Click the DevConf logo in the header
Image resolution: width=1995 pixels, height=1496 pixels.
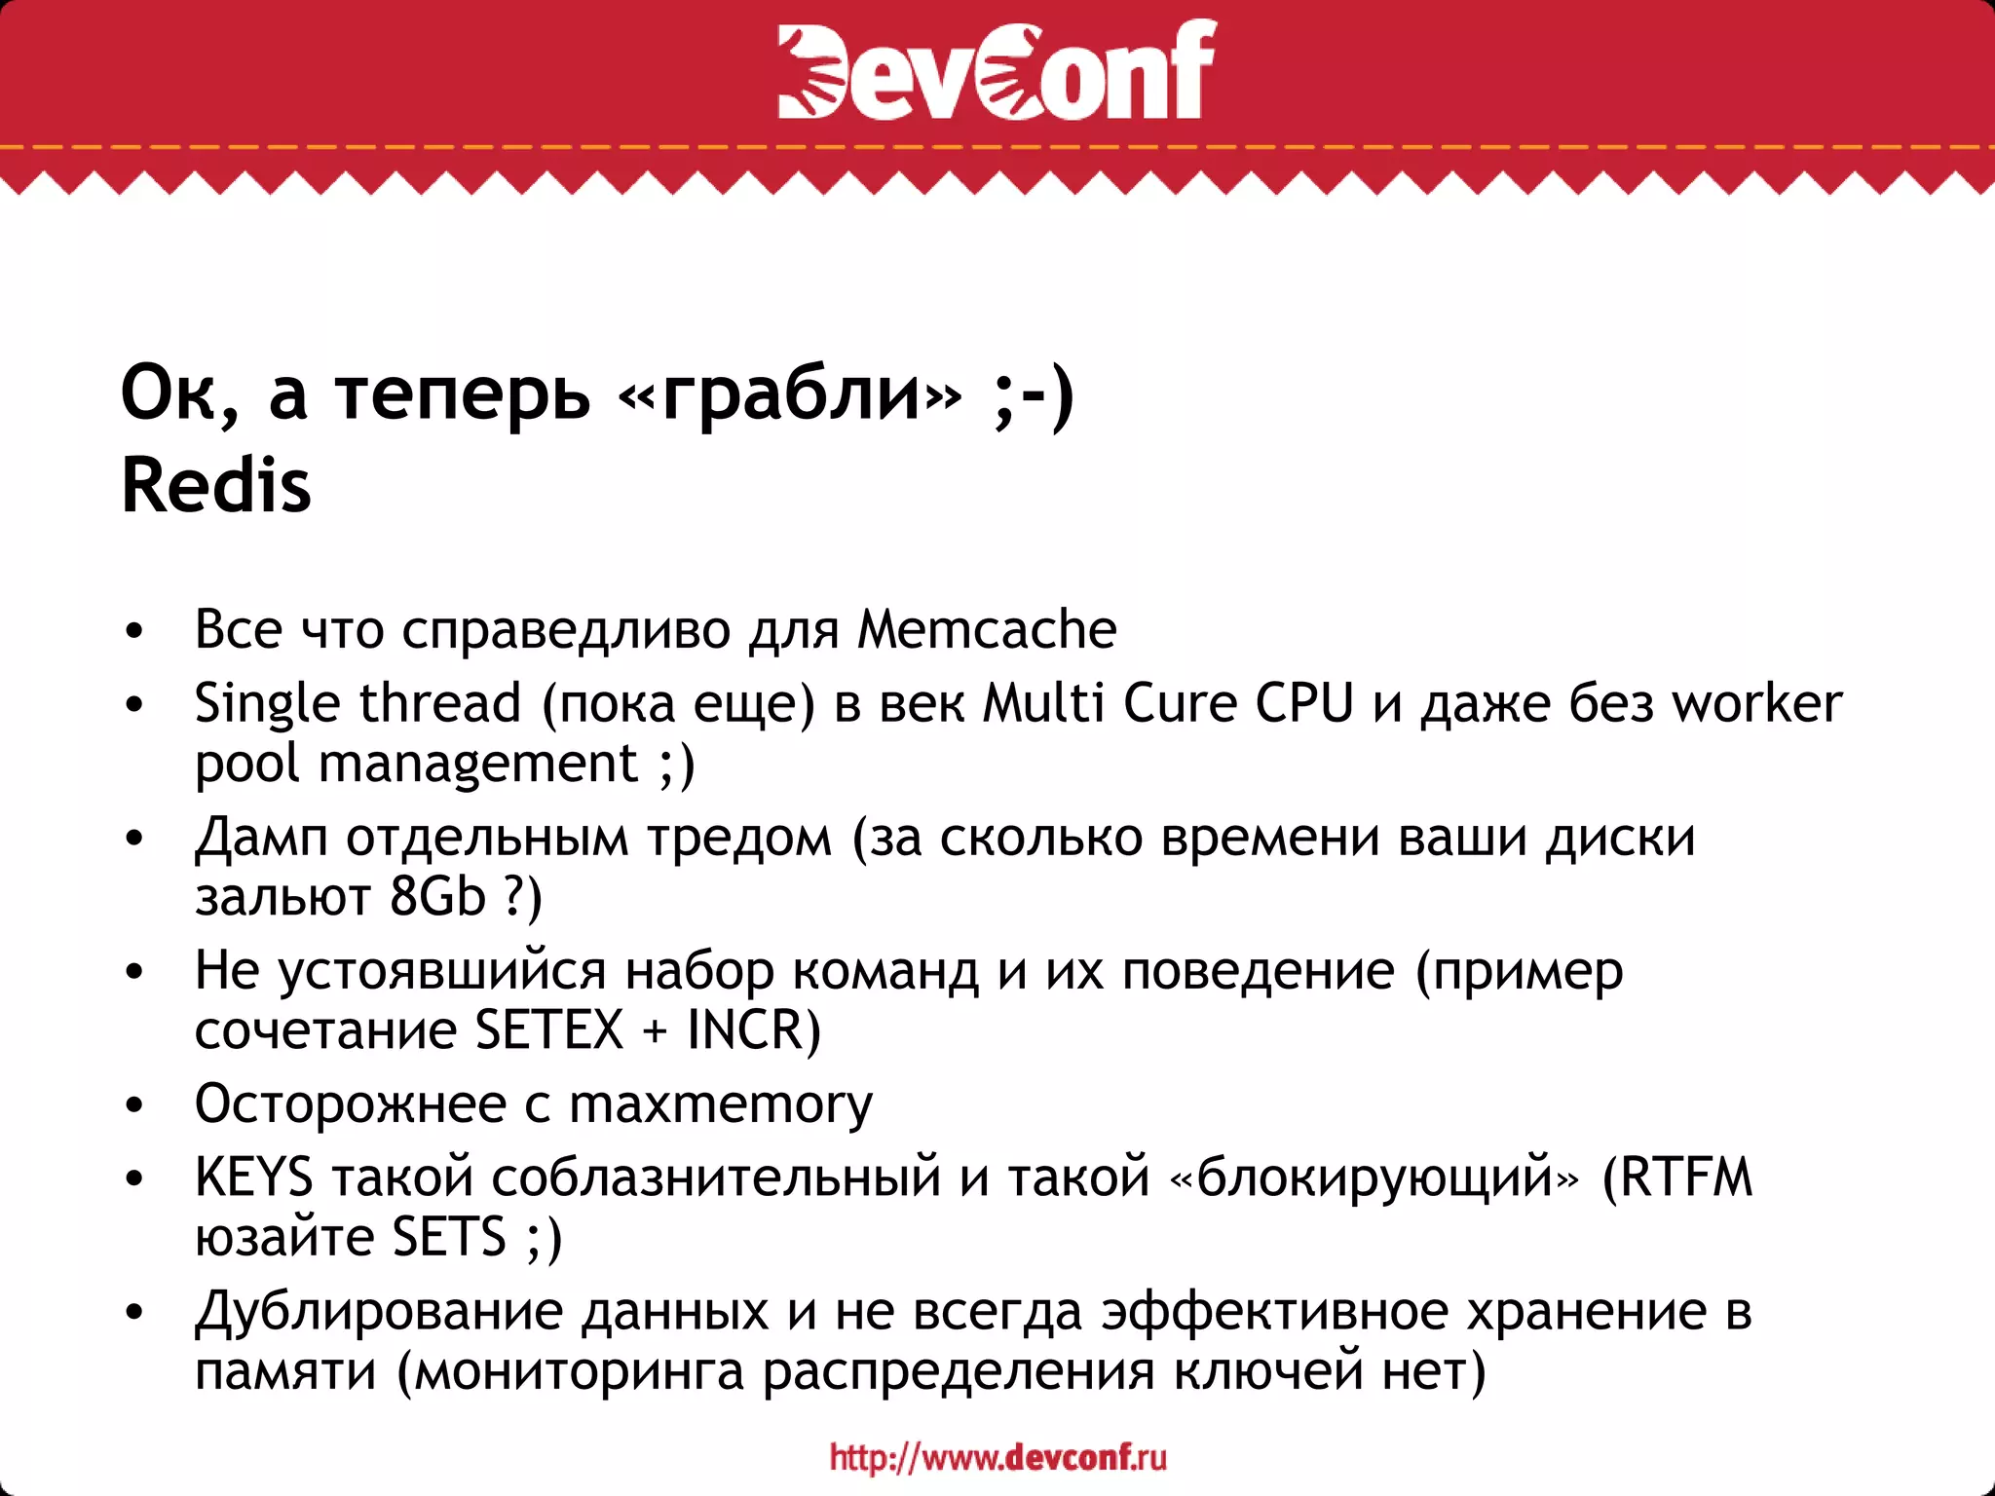(997, 70)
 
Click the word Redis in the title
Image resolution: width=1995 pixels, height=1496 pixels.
(216, 485)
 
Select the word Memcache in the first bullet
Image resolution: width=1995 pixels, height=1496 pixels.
(987, 629)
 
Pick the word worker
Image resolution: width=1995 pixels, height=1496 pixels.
(1756, 702)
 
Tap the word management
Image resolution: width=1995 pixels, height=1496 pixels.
(478, 763)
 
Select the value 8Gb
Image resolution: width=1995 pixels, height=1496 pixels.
(437, 896)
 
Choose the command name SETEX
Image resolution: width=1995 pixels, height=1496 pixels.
(549, 1029)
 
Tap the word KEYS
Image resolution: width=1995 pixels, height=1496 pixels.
(253, 1177)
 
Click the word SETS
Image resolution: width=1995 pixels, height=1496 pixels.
(449, 1237)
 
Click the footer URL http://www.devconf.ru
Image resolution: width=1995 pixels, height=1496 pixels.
(997, 1457)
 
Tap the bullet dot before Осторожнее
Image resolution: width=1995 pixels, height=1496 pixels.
(134, 1105)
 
